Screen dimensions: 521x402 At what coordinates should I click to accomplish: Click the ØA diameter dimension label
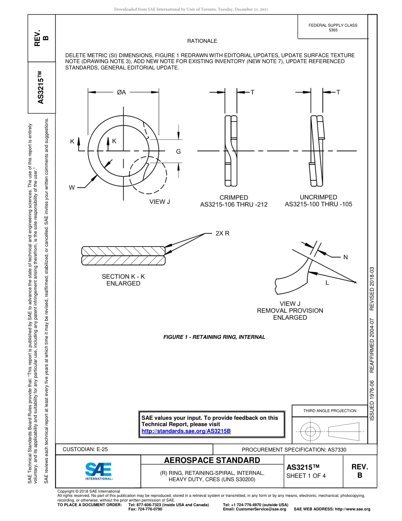(x=121, y=92)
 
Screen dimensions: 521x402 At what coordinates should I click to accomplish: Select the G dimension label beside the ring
(x=179, y=152)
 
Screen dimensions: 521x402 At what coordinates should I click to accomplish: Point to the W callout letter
(x=73, y=187)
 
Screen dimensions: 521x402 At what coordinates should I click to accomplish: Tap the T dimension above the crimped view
(x=252, y=92)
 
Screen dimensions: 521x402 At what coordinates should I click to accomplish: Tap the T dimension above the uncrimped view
(x=338, y=92)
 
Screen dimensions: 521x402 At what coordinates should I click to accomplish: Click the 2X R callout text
(x=222, y=233)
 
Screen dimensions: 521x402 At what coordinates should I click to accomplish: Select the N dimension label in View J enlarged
(x=345, y=257)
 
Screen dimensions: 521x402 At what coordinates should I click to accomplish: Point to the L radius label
(x=327, y=283)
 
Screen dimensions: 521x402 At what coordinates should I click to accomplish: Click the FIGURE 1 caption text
(x=214, y=337)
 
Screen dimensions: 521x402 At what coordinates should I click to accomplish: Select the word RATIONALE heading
(x=202, y=41)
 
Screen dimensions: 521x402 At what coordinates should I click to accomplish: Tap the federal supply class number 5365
(x=333, y=30)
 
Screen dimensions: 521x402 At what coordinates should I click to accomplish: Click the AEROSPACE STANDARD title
(x=212, y=460)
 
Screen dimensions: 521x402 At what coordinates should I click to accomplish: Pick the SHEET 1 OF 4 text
(x=306, y=476)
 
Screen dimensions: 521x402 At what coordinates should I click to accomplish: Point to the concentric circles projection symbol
(x=311, y=432)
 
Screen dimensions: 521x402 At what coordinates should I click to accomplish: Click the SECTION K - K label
(x=123, y=277)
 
